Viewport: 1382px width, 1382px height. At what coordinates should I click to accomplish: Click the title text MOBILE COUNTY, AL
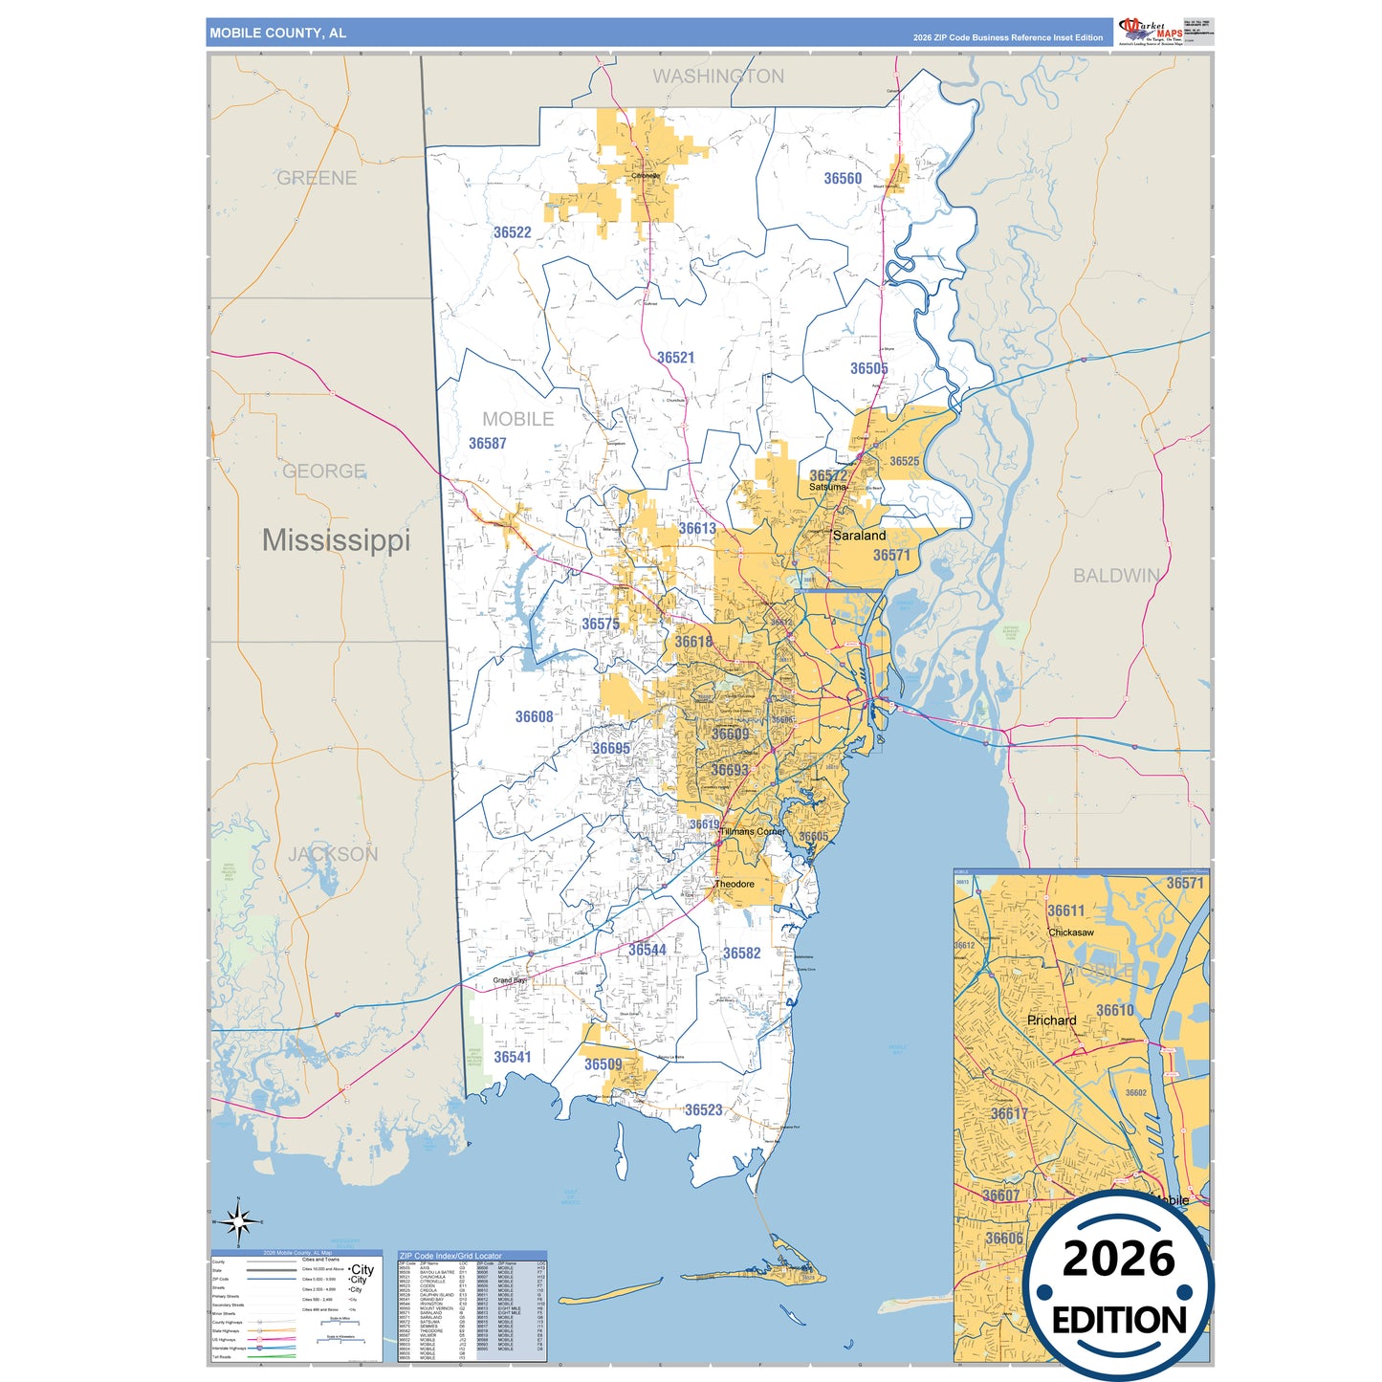click(277, 33)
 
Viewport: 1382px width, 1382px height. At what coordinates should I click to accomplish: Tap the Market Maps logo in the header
click(1151, 31)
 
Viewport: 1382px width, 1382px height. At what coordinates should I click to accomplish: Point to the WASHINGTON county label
click(718, 77)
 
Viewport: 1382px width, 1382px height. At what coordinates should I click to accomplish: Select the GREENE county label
click(317, 178)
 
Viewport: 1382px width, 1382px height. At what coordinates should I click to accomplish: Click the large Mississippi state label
click(336, 540)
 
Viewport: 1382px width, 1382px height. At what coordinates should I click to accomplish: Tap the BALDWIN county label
click(1116, 576)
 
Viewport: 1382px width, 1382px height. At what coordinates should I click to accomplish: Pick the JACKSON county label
click(333, 854)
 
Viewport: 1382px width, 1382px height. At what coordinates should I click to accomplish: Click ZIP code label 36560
click(843, 179)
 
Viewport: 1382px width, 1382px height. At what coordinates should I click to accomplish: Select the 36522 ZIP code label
click(512, 232)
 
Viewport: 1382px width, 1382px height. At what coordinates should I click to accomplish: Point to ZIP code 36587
click(487, 444)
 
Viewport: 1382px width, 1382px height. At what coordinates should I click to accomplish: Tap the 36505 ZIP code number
click(868, 368)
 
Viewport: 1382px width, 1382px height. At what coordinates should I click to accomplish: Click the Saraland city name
click(859, 536)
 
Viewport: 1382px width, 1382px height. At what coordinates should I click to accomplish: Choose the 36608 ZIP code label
click(534, 716)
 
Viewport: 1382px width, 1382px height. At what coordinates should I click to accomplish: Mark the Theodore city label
click(735, 884)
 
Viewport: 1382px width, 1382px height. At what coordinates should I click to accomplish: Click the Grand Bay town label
click(509, 980)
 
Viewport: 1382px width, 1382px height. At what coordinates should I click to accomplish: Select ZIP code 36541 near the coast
click(512, 1057)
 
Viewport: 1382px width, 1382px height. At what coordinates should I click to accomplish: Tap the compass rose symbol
click(238, 1221)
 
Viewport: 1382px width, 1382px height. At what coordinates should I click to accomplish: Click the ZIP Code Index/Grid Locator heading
click(450, 1256)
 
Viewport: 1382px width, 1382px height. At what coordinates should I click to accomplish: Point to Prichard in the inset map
click(1051, 1020)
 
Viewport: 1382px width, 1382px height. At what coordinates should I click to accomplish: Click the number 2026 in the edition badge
click(1118, 1259)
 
